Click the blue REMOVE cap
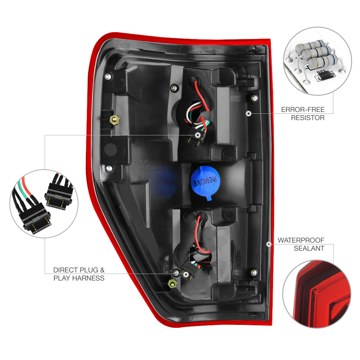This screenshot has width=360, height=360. coord(206,179)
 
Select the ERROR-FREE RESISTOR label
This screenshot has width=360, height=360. coord(303,113)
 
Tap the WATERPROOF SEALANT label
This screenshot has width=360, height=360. coord(301,244)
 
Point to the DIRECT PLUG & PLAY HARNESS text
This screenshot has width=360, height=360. coord(79,274)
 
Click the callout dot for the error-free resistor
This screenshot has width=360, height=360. coord(248,113)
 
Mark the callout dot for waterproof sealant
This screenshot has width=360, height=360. coord(269,244)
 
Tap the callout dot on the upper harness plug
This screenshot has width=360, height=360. coord(198,135)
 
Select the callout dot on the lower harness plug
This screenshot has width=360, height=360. coord(186,274)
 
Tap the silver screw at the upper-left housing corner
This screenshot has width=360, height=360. coord(107,76)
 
